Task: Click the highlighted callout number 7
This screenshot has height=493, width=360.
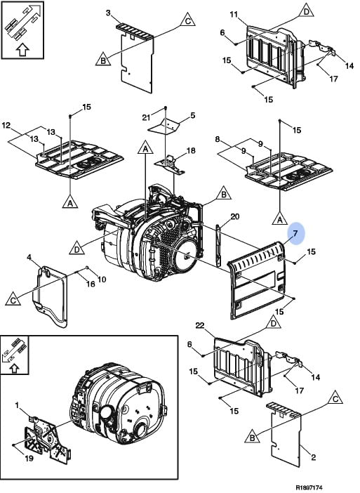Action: (x=295, y=234)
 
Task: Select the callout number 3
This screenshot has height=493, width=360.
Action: (x=108, y=13)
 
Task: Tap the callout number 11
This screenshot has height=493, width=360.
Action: (x=234, y=15)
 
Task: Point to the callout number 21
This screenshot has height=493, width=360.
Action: (x=146, y=117)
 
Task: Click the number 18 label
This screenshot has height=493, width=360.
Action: (x=191, y=151)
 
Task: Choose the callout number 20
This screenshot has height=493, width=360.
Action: (x=235, y=216)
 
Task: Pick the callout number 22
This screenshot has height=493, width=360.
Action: (x=200, y=326)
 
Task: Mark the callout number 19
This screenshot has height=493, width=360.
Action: (x=29, y=459)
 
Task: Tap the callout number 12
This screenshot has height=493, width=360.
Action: (x=6, y=126)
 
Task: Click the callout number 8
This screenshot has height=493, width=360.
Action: (x=218, y=139)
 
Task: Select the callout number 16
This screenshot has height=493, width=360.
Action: (x=91, y=284)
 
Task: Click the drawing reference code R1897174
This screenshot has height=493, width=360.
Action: (x=309, y=487)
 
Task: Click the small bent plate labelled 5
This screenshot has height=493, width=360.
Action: (x=164, y=126)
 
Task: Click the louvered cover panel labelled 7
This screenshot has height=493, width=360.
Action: (x=258, y=280)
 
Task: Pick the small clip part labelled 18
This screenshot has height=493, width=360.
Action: (x=170, y=164)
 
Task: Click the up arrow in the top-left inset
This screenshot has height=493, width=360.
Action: (x=22, y=50)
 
